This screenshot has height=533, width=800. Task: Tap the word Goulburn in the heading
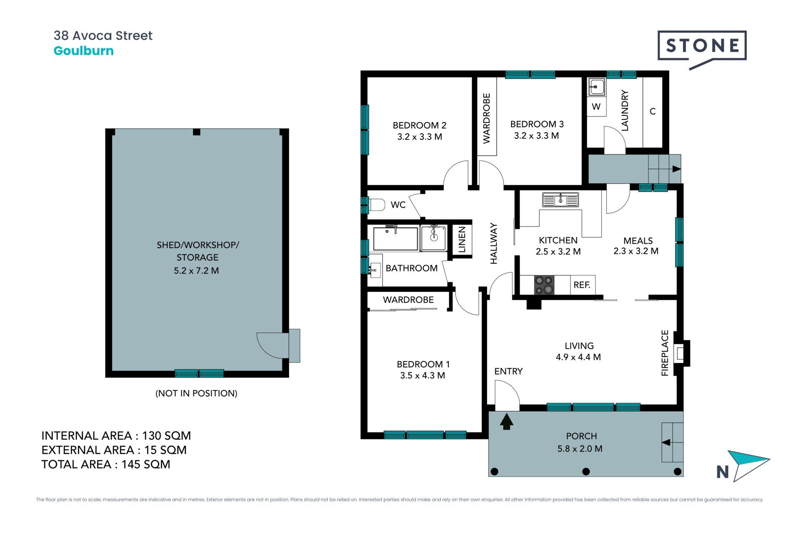84,51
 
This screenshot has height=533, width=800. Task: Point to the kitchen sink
560,200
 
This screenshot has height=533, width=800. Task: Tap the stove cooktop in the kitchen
544,285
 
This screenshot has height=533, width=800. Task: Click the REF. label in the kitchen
582,285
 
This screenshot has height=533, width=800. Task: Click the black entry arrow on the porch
506,421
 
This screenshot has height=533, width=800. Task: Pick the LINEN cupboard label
462,240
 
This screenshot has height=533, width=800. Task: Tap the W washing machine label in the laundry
596,107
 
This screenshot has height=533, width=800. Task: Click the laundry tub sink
597,87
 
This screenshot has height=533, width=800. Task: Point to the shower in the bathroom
434,238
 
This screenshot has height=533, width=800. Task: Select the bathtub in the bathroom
395,238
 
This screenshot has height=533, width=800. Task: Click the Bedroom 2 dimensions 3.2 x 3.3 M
420,137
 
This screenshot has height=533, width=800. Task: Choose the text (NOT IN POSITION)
196,394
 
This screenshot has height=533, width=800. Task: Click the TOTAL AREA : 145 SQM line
106,464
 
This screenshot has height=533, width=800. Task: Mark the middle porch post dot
586,472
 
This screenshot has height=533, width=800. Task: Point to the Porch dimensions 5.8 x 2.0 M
580,449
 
